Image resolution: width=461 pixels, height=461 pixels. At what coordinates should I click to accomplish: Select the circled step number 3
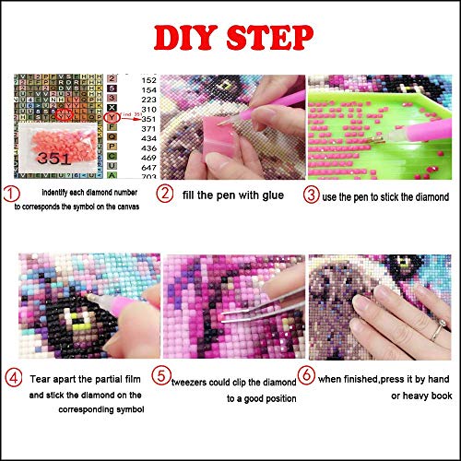314,194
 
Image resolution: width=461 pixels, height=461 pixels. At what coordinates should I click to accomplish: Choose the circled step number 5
164,375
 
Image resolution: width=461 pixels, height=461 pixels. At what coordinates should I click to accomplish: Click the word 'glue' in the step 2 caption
278,194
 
